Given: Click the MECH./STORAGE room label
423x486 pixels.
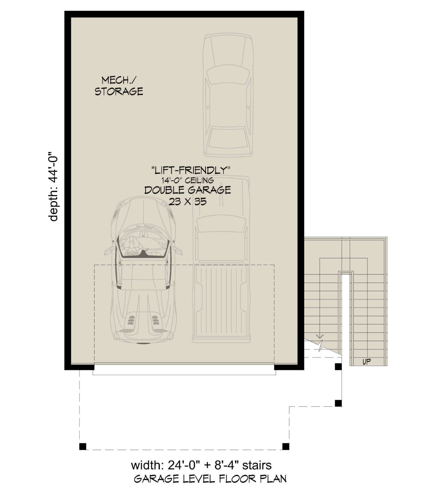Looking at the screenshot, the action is pyautogui.click(x=119, y=86).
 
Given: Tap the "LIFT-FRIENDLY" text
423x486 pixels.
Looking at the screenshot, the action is pyautogui.click(x=191, y=170).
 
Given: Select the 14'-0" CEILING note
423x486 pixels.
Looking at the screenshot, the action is pyautogui.click(x=188, y=181).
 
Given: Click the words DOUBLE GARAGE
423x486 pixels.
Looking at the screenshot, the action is pyautogui.click(x=188, y=190).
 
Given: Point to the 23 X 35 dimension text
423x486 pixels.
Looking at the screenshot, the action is pyautogui.click(x=188, y=202).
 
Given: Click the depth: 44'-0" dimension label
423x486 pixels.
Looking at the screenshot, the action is pyautogui.click(x=53, y=187).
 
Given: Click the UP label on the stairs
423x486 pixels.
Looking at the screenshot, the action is pyautogui.click(x=366, y=362).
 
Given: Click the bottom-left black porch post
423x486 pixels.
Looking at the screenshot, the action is pyautogui.click(x=82, y=446).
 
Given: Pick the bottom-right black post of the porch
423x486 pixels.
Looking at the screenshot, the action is pyautogui.click(x=286, y=446).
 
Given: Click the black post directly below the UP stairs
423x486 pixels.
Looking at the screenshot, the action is pyautogui.click(x=338, y=367).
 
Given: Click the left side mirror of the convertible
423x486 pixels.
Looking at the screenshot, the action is pyautogui.click(x=109, y=250).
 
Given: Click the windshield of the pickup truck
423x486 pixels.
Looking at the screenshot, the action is pyautogui.click(x=221, y=225).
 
